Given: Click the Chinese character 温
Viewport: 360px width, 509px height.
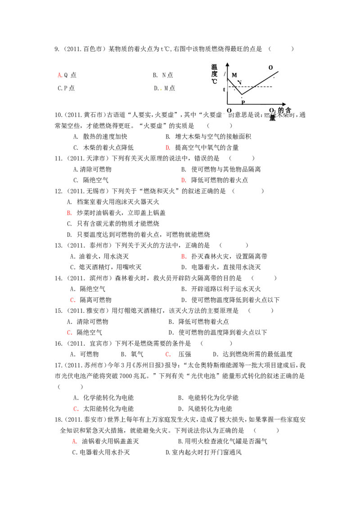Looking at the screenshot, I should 214,67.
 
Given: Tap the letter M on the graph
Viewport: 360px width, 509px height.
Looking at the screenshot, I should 234,75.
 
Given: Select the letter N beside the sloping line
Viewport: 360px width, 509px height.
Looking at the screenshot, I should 239,83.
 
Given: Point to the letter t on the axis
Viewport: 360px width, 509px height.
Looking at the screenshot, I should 224,89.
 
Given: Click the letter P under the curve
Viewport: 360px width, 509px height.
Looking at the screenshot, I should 243,103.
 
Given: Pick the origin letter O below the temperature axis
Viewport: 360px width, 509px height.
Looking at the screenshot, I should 229,110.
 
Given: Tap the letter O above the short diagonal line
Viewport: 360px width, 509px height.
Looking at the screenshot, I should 270,67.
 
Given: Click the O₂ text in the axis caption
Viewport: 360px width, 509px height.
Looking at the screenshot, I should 273,111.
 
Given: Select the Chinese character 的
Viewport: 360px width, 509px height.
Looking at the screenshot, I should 281,110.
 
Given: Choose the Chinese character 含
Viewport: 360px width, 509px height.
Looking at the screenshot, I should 288,110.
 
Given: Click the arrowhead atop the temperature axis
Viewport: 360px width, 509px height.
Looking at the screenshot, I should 227,64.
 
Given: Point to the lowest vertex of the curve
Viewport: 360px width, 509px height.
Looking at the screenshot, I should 242,94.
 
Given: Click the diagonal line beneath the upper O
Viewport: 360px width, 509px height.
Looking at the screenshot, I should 274,74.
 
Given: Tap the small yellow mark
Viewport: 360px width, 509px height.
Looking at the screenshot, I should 160,90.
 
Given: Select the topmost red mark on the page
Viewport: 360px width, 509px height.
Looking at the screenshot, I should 60,75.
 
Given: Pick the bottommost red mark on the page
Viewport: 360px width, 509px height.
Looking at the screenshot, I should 75,442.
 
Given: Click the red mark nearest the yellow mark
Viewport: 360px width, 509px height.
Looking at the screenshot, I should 168,147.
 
